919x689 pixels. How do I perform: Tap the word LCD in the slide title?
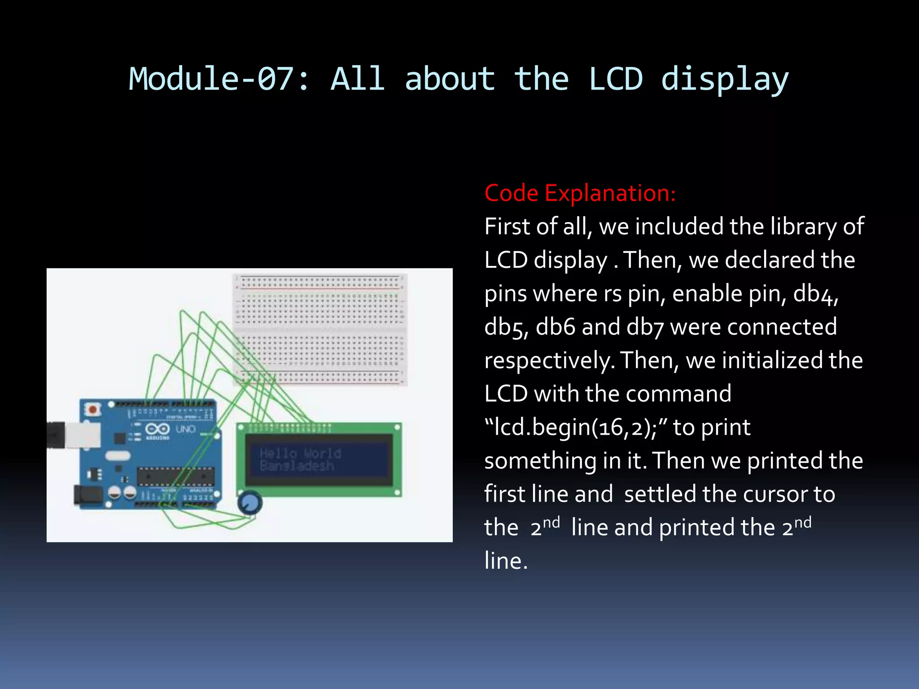pyautogui.click(x=615, y=79)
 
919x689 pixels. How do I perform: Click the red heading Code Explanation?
pyautogui.click(x=580, y=193)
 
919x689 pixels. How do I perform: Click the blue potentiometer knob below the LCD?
pyautogui.click(x=249, y=503)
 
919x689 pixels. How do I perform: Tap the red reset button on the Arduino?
pyautogui.click(x=93, y=409)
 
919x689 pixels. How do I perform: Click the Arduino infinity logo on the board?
pyautogui.click(x=158, y=429)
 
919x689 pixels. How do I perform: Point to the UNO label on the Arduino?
pyautogui.click(x=185, y=429)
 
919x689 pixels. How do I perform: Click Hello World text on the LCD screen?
pyautogui.click(x=300, y=454)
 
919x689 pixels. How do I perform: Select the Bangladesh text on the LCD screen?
pyautogui.click(x=297, y=466)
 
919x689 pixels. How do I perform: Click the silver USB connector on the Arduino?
pyautogui.click(x=83, y=435)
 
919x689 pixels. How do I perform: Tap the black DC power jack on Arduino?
pyautogui.click(x=89, y=496)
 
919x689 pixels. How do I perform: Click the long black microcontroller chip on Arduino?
pyautogui.click(x=175, y=476)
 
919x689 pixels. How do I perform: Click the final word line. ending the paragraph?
pyautogui.click(x=506, y=561)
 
